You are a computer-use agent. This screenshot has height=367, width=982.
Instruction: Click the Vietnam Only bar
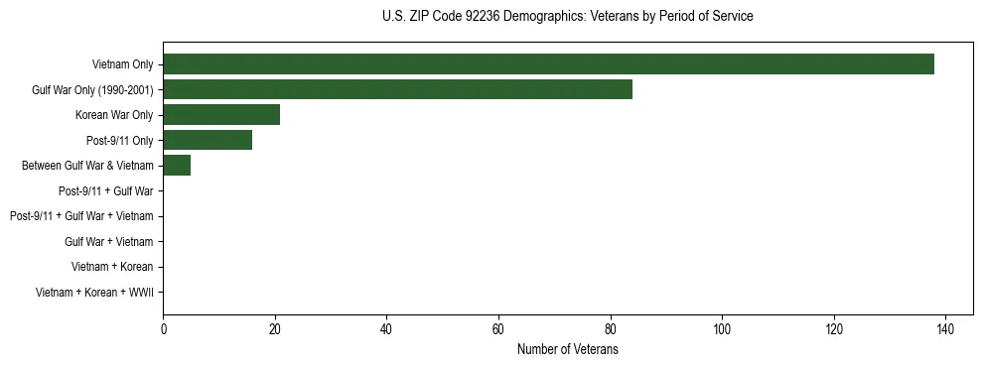(x=548, y=64)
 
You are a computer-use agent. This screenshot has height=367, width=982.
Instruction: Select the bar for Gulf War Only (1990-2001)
(x=397, y=90)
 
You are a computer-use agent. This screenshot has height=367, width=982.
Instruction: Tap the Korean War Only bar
(x=221, y=115)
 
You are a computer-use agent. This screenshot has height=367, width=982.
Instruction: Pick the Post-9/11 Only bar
(x=208, y=141)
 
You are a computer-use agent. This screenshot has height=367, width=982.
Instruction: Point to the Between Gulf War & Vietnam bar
(x=177, y=166)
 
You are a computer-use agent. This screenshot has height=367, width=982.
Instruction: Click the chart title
(x=567, y=17)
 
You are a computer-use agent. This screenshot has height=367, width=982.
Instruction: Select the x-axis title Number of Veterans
(x=567, y=349)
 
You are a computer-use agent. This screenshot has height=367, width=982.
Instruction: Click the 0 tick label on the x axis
(x=163, y=329)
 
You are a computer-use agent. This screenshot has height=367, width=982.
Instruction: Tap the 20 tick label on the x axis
(x=275, y=329)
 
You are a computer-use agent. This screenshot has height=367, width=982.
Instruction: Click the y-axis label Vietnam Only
(x=122, y=65)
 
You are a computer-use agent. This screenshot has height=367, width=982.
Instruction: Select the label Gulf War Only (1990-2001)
(x=92, y=90)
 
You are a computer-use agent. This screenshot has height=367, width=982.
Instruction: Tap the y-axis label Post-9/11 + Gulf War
(x=105, y=191)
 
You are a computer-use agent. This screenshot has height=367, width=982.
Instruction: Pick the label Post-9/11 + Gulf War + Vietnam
(x=81, y=216)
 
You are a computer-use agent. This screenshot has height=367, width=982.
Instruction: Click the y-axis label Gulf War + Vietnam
(x=108, y=242)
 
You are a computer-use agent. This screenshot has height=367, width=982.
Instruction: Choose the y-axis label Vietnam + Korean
(x=112, y=267)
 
